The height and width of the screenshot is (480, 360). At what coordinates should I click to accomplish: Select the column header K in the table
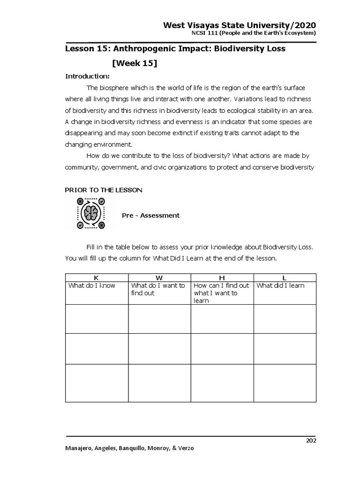point(96,277)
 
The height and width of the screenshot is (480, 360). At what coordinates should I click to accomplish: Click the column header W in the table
point(159,277)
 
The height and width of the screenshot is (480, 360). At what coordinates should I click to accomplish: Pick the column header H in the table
point(222,277)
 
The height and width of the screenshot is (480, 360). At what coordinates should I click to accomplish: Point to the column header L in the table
point(285,277)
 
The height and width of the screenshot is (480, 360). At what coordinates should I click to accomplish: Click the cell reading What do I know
point(92,285)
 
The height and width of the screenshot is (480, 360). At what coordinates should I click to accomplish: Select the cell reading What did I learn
point(280,285)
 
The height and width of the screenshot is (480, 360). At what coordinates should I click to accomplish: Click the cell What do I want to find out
point(158,289)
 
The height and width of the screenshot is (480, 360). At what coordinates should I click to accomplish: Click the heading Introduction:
point(87,76)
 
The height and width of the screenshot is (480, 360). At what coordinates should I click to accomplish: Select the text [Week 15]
point(135,63)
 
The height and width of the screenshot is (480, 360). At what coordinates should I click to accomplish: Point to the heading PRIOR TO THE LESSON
point(104,190)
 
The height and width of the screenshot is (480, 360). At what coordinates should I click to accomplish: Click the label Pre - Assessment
point(150,216)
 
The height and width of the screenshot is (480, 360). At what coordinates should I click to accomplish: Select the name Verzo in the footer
point(184,448)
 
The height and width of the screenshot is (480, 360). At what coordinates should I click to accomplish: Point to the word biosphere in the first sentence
point(114,88)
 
